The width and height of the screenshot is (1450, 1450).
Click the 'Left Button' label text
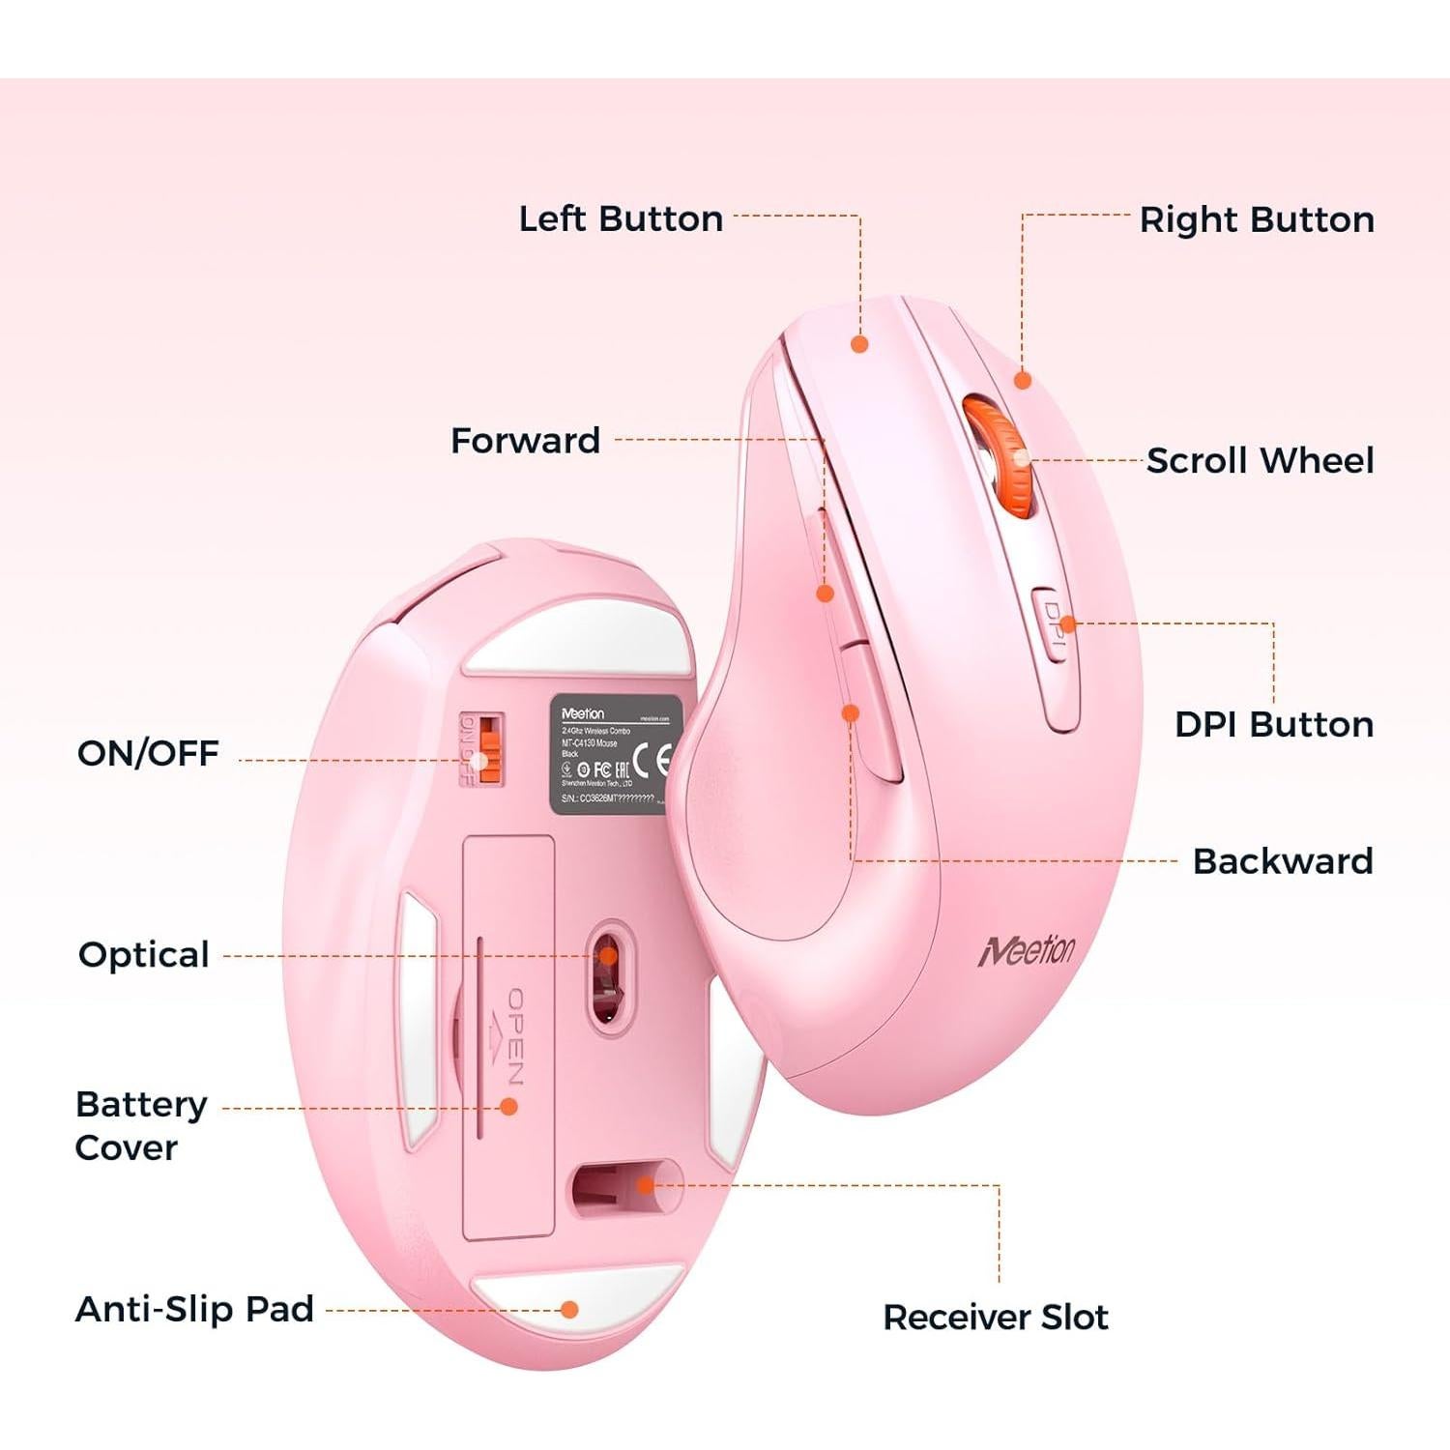621,218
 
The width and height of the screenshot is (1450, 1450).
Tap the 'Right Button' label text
1257,219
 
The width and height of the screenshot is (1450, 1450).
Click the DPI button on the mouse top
1054,625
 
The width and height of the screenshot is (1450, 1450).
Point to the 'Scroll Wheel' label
1260,460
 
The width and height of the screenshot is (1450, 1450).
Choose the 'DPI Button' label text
1274,724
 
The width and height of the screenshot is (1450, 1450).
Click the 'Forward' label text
525,441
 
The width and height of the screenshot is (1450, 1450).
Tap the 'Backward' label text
1283,860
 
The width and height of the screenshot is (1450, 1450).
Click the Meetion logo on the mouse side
1027,950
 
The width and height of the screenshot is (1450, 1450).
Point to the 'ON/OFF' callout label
148,753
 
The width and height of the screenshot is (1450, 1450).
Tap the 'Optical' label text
143,954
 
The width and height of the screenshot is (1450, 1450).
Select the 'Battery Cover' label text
140,1125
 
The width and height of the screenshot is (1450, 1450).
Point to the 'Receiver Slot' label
996,1317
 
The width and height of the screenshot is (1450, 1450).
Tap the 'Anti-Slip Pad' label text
194,1309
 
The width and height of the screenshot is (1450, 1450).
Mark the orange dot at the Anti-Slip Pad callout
569,1309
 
